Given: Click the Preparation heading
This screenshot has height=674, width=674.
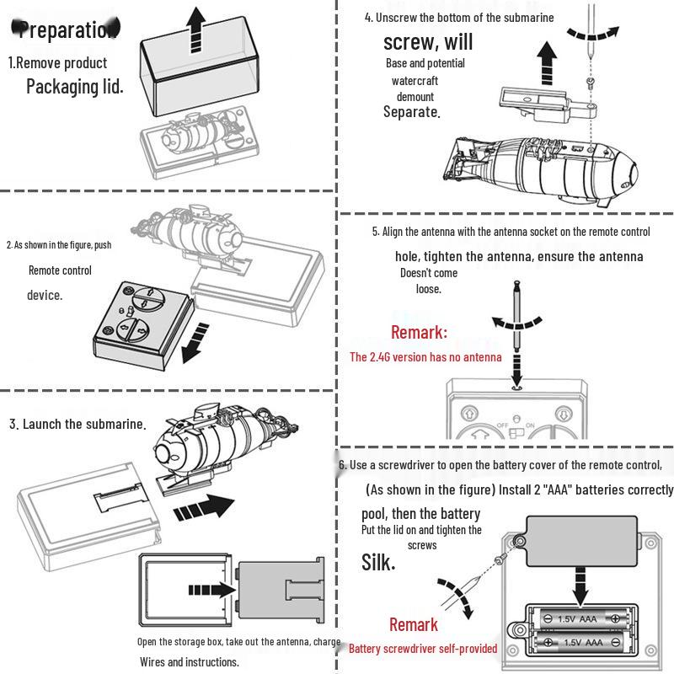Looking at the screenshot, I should [67, 30].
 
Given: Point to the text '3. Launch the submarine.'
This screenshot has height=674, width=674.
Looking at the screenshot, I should [78, 424].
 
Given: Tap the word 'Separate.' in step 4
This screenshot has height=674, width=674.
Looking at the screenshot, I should [412, 112].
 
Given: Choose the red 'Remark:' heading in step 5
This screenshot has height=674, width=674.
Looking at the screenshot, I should [419, 332].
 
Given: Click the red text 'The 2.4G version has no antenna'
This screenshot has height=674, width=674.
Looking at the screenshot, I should [425, 357].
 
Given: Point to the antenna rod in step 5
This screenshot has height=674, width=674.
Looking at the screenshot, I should [516, 324].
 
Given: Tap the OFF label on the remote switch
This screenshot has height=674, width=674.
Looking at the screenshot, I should [503, 425].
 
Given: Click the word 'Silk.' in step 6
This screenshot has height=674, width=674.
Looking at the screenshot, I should [378, 562].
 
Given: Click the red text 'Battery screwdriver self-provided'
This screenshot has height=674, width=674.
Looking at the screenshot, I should [423, 649].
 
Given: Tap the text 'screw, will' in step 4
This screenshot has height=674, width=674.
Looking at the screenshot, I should [427, 42].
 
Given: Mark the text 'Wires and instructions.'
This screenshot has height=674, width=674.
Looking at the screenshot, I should [190, 662].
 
